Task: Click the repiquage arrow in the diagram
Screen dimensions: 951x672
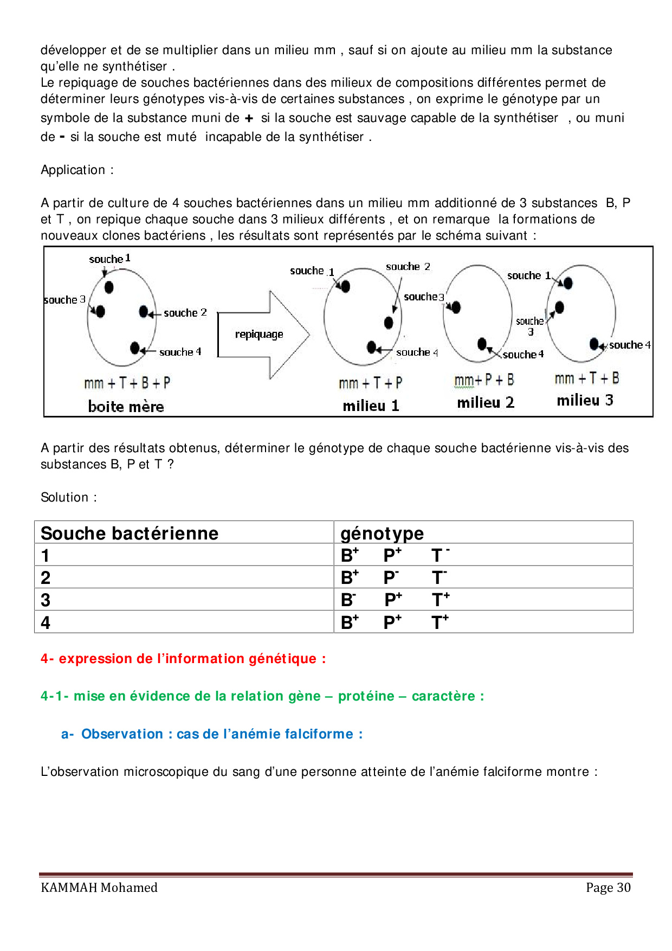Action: point(263,335)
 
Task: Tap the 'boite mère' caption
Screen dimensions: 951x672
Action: point(126,407)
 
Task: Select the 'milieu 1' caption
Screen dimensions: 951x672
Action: point(371,406)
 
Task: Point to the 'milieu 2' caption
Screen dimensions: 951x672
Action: point(486,402)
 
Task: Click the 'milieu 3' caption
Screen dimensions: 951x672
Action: point(585,400)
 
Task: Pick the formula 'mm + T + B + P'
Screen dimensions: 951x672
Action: point(127,383)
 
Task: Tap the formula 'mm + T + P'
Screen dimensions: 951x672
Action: point(371,383)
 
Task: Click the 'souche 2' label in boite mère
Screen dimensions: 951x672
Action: point(185,313)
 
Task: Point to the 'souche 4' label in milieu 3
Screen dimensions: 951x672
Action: point(630,345)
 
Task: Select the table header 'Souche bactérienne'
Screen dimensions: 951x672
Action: point(130,533)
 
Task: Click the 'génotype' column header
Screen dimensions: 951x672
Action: point(382,533)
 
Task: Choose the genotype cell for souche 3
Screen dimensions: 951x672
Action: point(395,600)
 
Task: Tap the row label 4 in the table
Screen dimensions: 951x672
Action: point(46,622)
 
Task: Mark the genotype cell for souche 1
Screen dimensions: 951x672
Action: point(395,555)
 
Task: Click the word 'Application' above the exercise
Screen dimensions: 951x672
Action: point(73,170)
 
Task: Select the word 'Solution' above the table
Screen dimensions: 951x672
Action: point(64,497)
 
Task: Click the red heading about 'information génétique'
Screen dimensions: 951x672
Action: point(183,659)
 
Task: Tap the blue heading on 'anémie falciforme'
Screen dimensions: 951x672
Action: point(212,734)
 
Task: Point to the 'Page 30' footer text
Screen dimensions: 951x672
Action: point(608,888)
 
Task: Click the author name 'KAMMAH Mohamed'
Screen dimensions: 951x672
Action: point(99,888)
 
